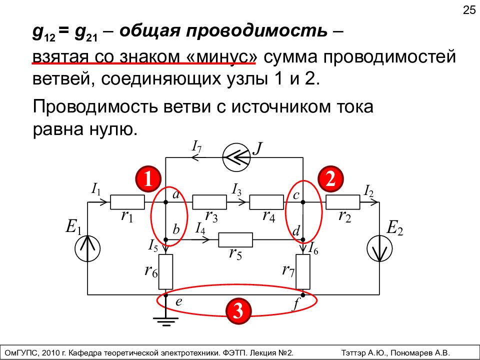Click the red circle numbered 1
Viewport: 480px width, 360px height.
[148, 179]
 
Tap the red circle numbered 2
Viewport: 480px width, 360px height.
[330, 179]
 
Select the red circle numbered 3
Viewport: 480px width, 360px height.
[238, 311]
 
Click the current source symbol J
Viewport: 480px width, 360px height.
[236, 158]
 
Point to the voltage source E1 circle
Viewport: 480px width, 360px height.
[87, 248]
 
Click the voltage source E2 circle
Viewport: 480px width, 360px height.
[379, 248]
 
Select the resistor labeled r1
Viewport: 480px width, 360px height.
[127, 202]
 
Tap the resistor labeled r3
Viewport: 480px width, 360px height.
[209, 202]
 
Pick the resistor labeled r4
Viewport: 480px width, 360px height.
[266, 202]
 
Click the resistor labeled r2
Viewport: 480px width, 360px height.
[343, 202]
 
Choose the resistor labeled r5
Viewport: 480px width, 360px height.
[235, 239]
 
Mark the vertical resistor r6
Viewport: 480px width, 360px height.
[165, 272]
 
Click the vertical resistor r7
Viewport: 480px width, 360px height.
[303, 272]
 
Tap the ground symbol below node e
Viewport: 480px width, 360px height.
[165, 321]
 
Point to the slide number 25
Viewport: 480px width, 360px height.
[469, 10]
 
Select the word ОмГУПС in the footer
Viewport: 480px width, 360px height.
[19, 352]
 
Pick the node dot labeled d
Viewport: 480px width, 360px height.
[303, 239]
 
